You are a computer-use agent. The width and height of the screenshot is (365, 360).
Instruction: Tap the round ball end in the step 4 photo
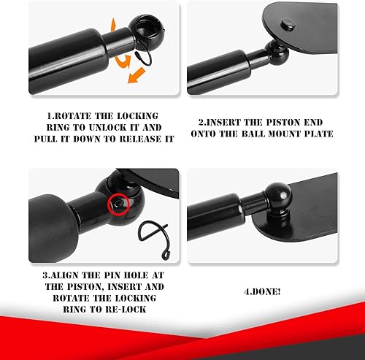pos(279,195)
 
